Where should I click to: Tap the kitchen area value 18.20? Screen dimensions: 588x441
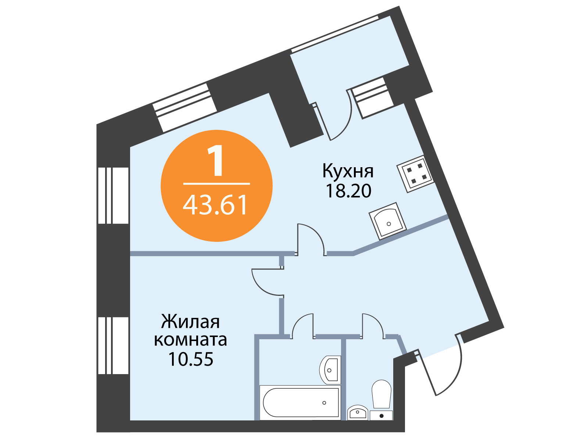pos(348,191)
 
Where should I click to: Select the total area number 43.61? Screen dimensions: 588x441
pos(215,205)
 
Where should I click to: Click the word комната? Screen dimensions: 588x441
pos(190,340)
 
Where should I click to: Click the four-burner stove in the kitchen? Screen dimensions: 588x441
pos(415,174)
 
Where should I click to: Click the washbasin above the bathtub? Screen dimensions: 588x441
pos(330,370)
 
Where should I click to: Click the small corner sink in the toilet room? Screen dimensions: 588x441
pos(358,413)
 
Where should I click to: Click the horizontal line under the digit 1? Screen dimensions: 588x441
pos(216,184)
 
